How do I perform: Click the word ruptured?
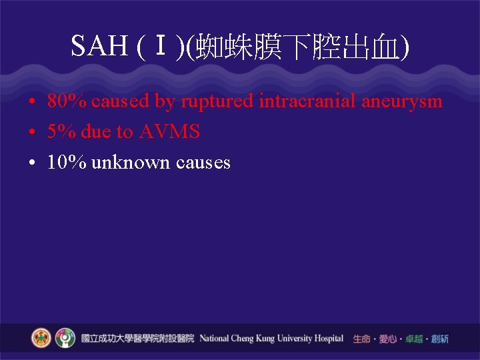click(218, 101)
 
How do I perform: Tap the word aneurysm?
click(402, 101)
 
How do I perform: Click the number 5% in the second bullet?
click(62, 132)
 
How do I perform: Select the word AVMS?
click(169, 132)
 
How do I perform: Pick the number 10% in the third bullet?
click(67, 162)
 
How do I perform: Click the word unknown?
click(131, 162)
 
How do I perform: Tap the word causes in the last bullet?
click(203, 162)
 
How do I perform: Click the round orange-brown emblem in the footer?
click(41, 338)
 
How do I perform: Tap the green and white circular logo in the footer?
click(65, 338)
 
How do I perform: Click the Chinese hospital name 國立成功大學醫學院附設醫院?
click(137, 339)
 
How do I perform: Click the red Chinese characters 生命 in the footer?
click(361, 339)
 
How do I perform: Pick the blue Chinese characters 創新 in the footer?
click(439, 339)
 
